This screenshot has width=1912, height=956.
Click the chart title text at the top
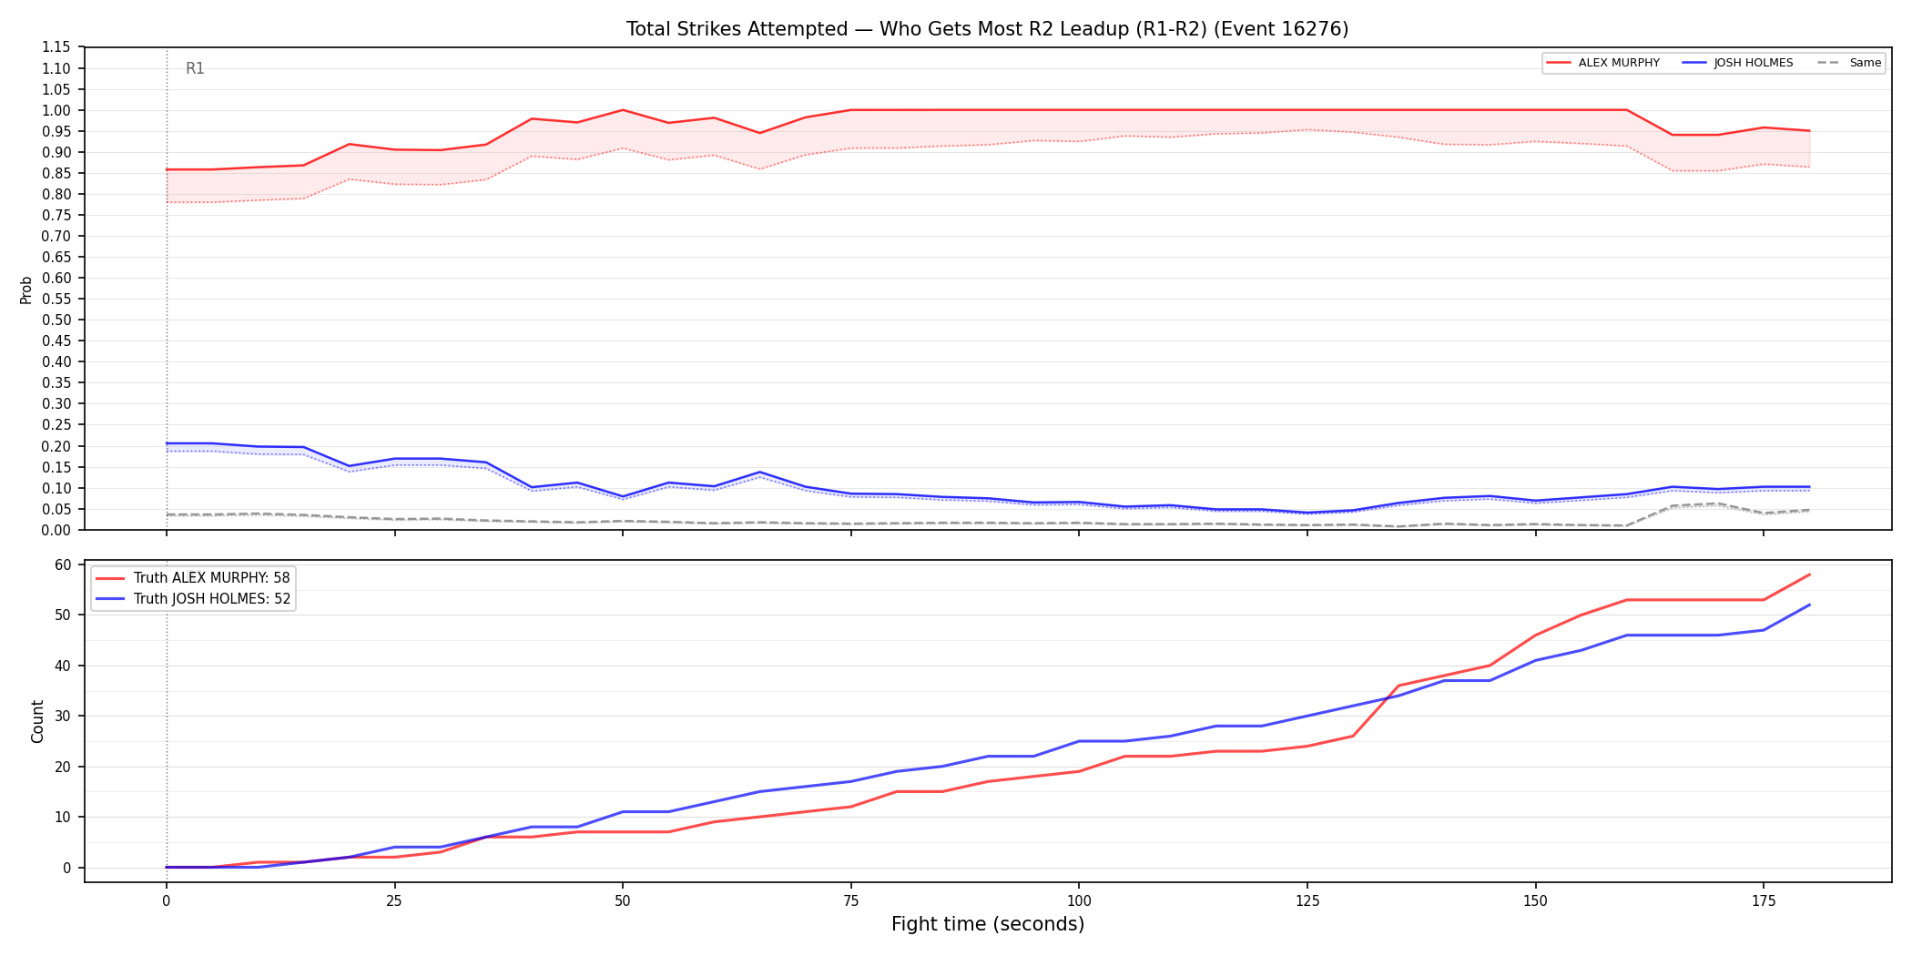987,29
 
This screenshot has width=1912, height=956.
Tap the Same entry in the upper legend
1849,63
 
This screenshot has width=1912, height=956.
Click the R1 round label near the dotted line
195,68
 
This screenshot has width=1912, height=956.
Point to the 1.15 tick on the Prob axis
56,47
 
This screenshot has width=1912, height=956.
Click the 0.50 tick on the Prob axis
56,320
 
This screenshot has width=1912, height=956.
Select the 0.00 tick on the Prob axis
56,530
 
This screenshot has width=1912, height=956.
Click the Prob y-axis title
25,290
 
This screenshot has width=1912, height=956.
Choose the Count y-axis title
37,721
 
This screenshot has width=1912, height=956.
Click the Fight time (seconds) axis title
988,924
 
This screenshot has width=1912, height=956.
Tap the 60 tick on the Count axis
63,564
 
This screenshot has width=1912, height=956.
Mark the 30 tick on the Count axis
63,716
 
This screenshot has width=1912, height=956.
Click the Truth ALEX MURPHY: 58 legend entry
193,578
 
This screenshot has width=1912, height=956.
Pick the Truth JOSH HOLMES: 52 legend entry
193,599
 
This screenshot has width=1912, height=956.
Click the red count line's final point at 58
1809,575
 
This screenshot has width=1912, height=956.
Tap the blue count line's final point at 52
1809,605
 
